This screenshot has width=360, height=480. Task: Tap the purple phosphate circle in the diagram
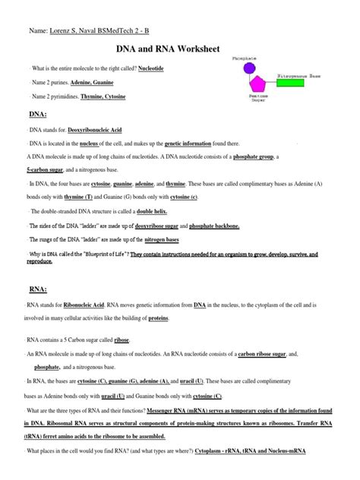tap(250, 68)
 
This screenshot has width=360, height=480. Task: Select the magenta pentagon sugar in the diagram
tap(258, 84)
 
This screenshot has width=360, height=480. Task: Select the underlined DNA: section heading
tap(38, 113)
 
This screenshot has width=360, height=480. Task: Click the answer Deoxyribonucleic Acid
tap(94, 131)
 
